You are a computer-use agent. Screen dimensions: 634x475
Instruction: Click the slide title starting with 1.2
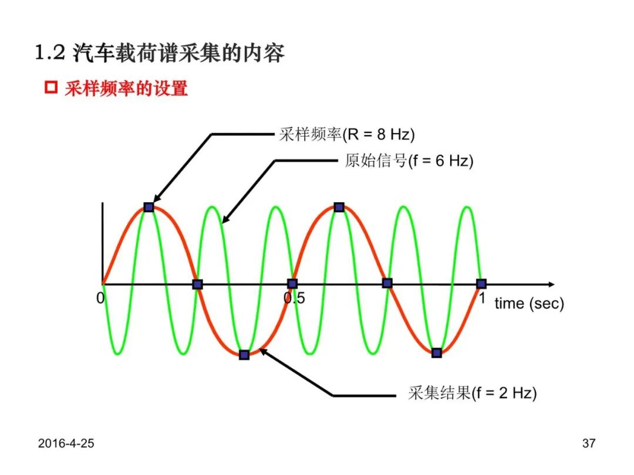click(160, 53)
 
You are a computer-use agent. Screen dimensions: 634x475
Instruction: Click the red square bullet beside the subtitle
click(51, 87)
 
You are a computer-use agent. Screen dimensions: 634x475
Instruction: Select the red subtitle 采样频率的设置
click(126, 88)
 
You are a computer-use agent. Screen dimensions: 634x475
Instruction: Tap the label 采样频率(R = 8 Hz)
click(347, 134)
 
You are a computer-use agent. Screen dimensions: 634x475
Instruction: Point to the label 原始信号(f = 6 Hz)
click(409, 161)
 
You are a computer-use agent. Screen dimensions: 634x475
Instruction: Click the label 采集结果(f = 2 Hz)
click(472, 392)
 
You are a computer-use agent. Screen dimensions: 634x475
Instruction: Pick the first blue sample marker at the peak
click(149, 207)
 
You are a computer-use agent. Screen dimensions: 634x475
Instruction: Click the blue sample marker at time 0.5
click(292, 283)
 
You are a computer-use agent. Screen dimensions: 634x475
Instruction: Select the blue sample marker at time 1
click(481, 284)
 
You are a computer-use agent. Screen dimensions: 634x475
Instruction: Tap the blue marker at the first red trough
click(244, 355)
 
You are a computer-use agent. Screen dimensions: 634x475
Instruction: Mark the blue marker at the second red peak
click(339, 207)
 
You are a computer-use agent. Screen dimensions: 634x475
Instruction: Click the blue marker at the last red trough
click(437, 353)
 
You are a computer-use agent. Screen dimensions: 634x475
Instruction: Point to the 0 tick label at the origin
click(100, 298)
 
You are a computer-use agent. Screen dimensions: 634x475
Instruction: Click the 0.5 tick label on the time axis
click(294, 298)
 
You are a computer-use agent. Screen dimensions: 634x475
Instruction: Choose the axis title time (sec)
click(529, 303)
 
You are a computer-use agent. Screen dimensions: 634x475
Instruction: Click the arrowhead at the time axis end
click(551, 284)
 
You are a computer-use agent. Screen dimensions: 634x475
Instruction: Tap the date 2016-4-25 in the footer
click(66, 443)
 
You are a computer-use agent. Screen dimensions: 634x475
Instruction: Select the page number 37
click(589, 443)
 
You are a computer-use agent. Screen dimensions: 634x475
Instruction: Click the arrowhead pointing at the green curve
click(226, 219)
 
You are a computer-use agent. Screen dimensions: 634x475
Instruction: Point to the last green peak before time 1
click(467, 207)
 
